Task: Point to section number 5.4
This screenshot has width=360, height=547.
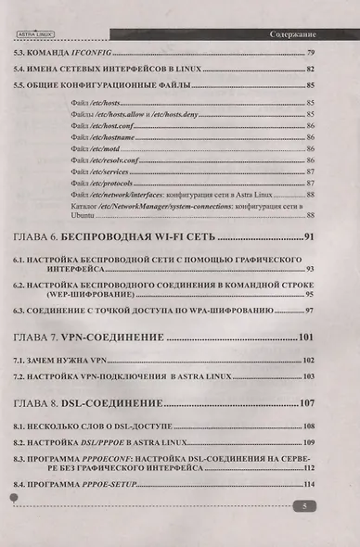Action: [x=22, y=69]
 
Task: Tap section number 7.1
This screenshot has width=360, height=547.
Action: [x=22, y=359]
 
